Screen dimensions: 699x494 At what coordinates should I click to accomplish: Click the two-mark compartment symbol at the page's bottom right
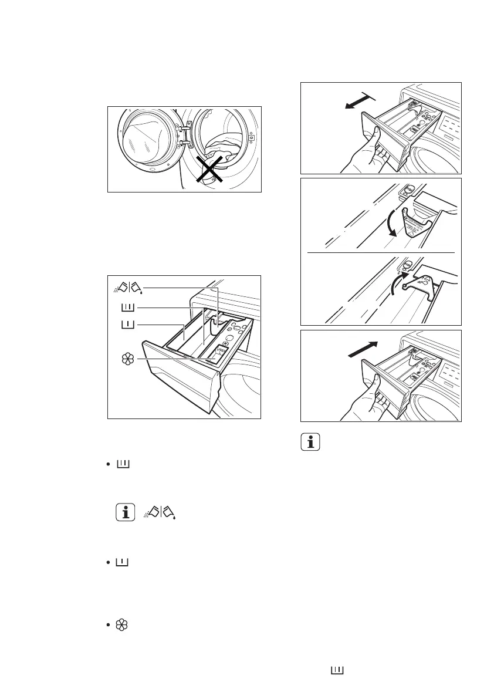click(x=337, y=669)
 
